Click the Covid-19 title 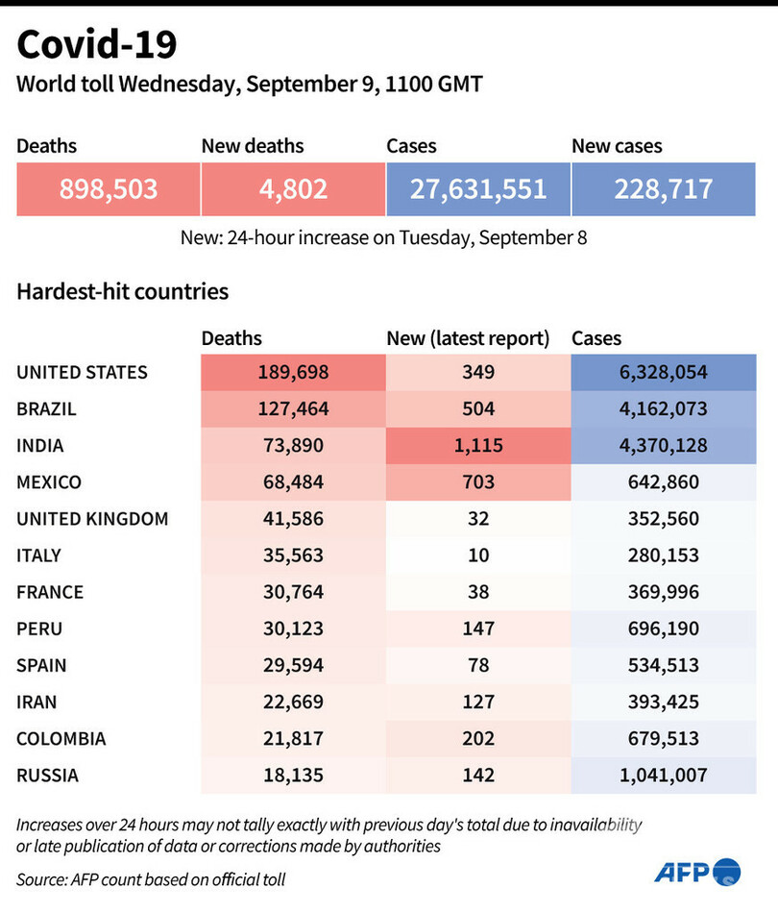97,46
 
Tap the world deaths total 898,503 109,188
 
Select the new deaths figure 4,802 293,188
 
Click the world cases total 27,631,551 478,188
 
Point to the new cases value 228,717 663,188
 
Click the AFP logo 697,872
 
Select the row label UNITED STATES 83,372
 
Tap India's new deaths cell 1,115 477,445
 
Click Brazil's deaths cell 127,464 293,408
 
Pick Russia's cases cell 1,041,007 663,775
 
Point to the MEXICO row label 49,481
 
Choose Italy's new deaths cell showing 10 477,555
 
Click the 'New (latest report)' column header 468,338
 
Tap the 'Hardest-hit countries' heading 122,290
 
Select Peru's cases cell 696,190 663,629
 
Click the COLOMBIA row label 61,738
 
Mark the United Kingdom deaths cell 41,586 293,518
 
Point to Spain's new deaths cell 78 477,665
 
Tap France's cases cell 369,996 663,592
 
